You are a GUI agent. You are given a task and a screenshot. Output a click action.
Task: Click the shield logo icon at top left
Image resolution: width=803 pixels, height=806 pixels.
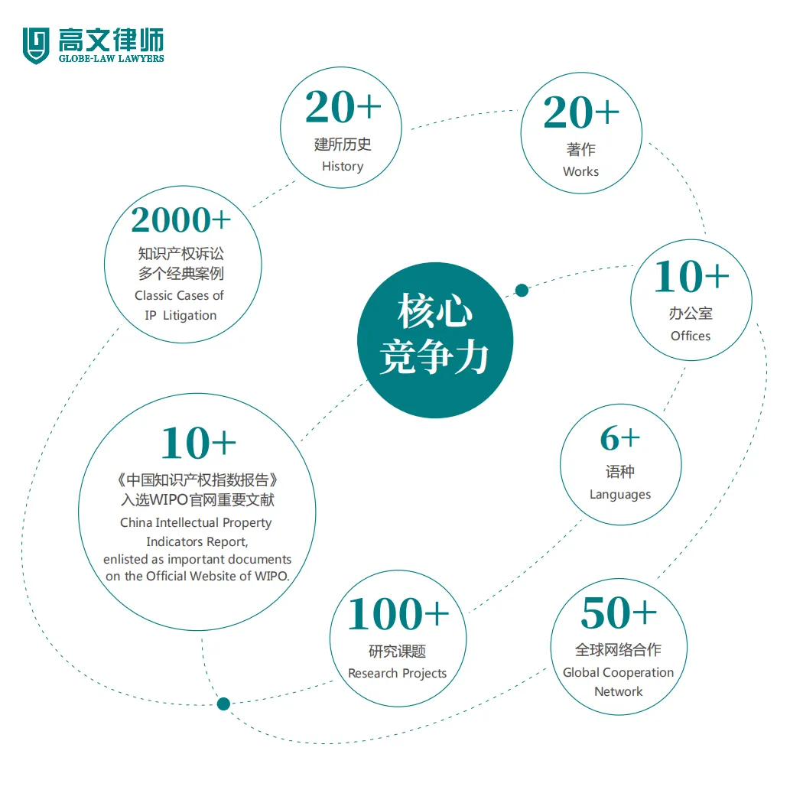click(35, 45)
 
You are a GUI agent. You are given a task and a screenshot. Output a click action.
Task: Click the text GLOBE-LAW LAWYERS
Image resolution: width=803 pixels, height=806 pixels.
click(111, 58)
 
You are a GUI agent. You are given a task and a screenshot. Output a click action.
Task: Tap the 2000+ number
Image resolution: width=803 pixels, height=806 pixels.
click(180, 220)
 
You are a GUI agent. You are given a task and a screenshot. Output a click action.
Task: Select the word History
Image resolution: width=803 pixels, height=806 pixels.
click(342, 167)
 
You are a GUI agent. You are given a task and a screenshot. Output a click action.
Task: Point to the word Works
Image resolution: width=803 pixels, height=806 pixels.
click(580, 171)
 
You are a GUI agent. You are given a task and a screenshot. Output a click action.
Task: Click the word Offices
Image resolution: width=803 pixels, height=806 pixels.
click(690, 336)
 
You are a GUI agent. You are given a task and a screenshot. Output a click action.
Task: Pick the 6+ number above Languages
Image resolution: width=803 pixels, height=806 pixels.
click(619, 438)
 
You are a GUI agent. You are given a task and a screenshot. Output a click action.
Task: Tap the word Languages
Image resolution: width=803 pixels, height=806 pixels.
click(619, 495)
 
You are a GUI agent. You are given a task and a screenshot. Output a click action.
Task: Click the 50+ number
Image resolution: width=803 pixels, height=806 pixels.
click(618, 613)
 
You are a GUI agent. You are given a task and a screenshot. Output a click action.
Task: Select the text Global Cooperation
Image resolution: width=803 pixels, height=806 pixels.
click(618, 673)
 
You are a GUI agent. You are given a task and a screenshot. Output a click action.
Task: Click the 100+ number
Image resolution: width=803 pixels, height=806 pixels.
click(398, 614)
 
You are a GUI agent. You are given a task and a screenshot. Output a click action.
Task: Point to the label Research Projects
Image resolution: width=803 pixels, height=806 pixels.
click(397, 674)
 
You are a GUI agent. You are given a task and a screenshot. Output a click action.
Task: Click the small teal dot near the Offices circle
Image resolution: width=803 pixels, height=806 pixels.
click(522, 291)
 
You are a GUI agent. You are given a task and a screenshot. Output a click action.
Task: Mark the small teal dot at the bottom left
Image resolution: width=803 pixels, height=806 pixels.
click(223, 704)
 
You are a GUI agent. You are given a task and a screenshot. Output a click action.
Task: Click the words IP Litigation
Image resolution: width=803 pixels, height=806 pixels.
click(180, 316)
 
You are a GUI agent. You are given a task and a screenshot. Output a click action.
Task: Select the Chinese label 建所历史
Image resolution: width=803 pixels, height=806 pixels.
click(342, 145)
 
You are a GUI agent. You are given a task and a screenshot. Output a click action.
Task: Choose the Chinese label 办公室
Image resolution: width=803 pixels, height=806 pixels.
click(690, 314)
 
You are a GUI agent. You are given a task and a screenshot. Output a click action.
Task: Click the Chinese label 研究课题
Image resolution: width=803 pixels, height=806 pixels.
click(397, 652)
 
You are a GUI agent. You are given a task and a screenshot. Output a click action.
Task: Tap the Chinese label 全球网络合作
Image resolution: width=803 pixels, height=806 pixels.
click(618, 650)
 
